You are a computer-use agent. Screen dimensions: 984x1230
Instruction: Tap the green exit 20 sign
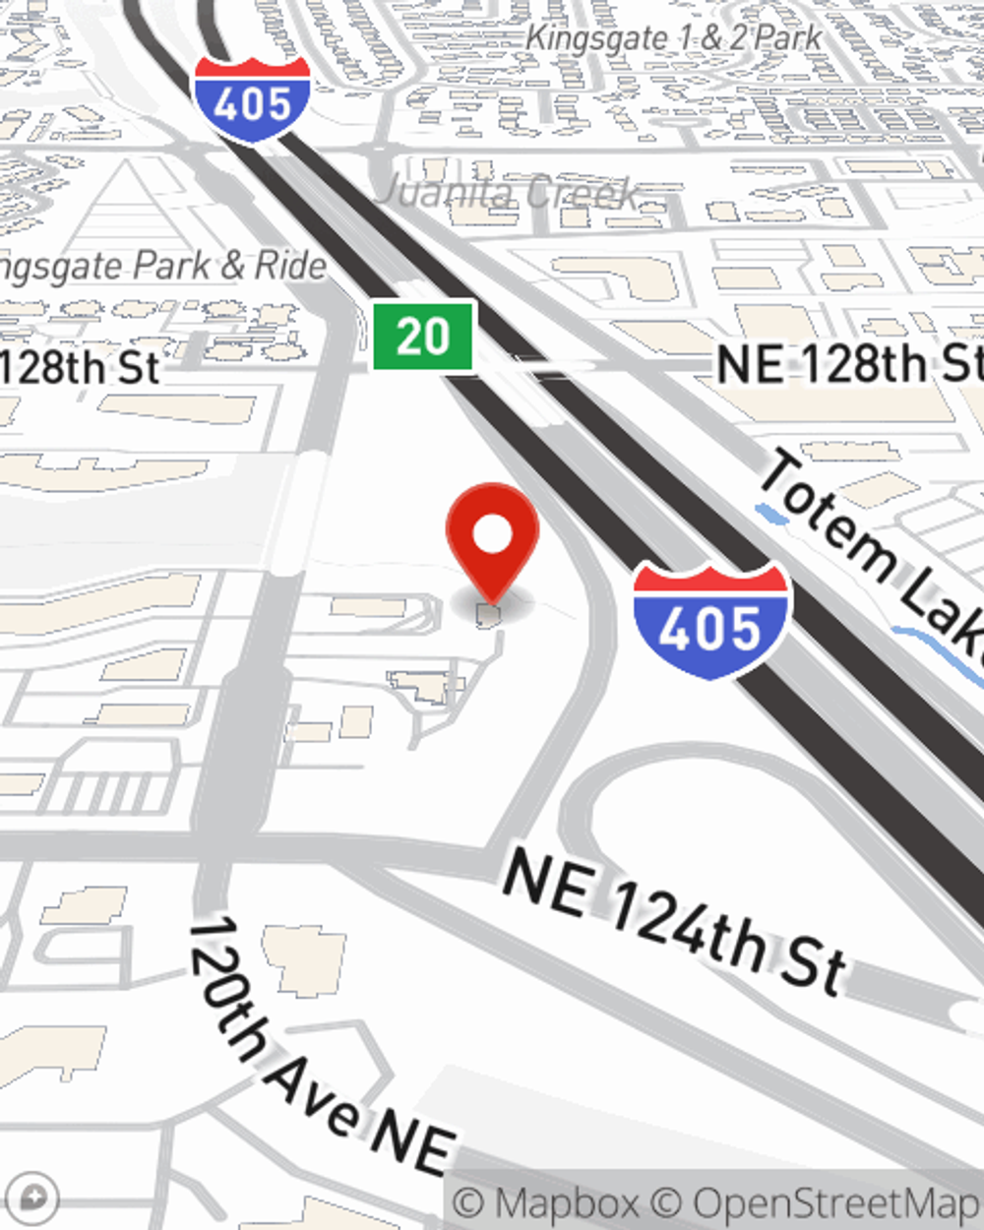point(424,337)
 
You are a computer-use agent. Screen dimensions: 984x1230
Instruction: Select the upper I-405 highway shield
point(252,98)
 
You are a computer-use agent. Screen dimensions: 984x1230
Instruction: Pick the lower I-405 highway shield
point(710,620)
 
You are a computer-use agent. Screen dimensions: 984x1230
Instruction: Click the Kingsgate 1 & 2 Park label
point(674,38)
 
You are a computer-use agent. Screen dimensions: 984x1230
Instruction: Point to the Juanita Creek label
point(508,191)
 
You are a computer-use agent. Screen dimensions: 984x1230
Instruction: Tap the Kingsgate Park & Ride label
point(162,266)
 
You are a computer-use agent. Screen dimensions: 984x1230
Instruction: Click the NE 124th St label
point(675,921)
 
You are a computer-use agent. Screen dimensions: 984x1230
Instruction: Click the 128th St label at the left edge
point(79,368)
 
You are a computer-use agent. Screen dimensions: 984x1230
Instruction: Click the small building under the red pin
point(489,616)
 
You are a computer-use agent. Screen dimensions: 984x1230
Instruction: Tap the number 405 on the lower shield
point(710,628)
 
